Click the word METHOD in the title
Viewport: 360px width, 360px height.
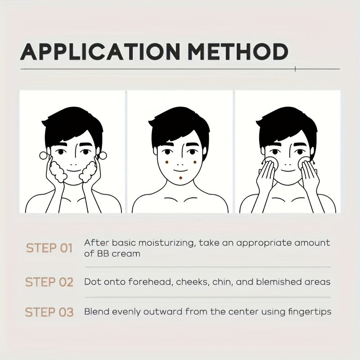click(x=238, y=52)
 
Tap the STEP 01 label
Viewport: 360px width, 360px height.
click(x=49, y=248)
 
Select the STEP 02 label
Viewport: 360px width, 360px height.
click(x=49, y=282)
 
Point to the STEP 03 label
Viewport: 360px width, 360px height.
click(x=49, y=312)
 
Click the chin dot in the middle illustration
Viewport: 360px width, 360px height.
click(x=181, y=178)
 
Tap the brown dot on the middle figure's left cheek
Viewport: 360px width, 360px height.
click(x=167, y=162)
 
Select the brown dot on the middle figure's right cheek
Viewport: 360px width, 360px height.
click(x=195, y=162)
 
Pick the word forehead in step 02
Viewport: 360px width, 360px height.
click(x=150, y=282)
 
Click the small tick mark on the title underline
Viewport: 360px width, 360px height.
click(x=295, y=69)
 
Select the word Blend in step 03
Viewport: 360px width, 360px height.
click(x=96, y=312)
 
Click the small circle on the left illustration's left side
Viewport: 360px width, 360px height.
click(x=43, y=155)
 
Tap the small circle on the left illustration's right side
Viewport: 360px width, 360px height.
click(x=103, y=155)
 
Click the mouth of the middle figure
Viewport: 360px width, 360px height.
click(x=180, y=171)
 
